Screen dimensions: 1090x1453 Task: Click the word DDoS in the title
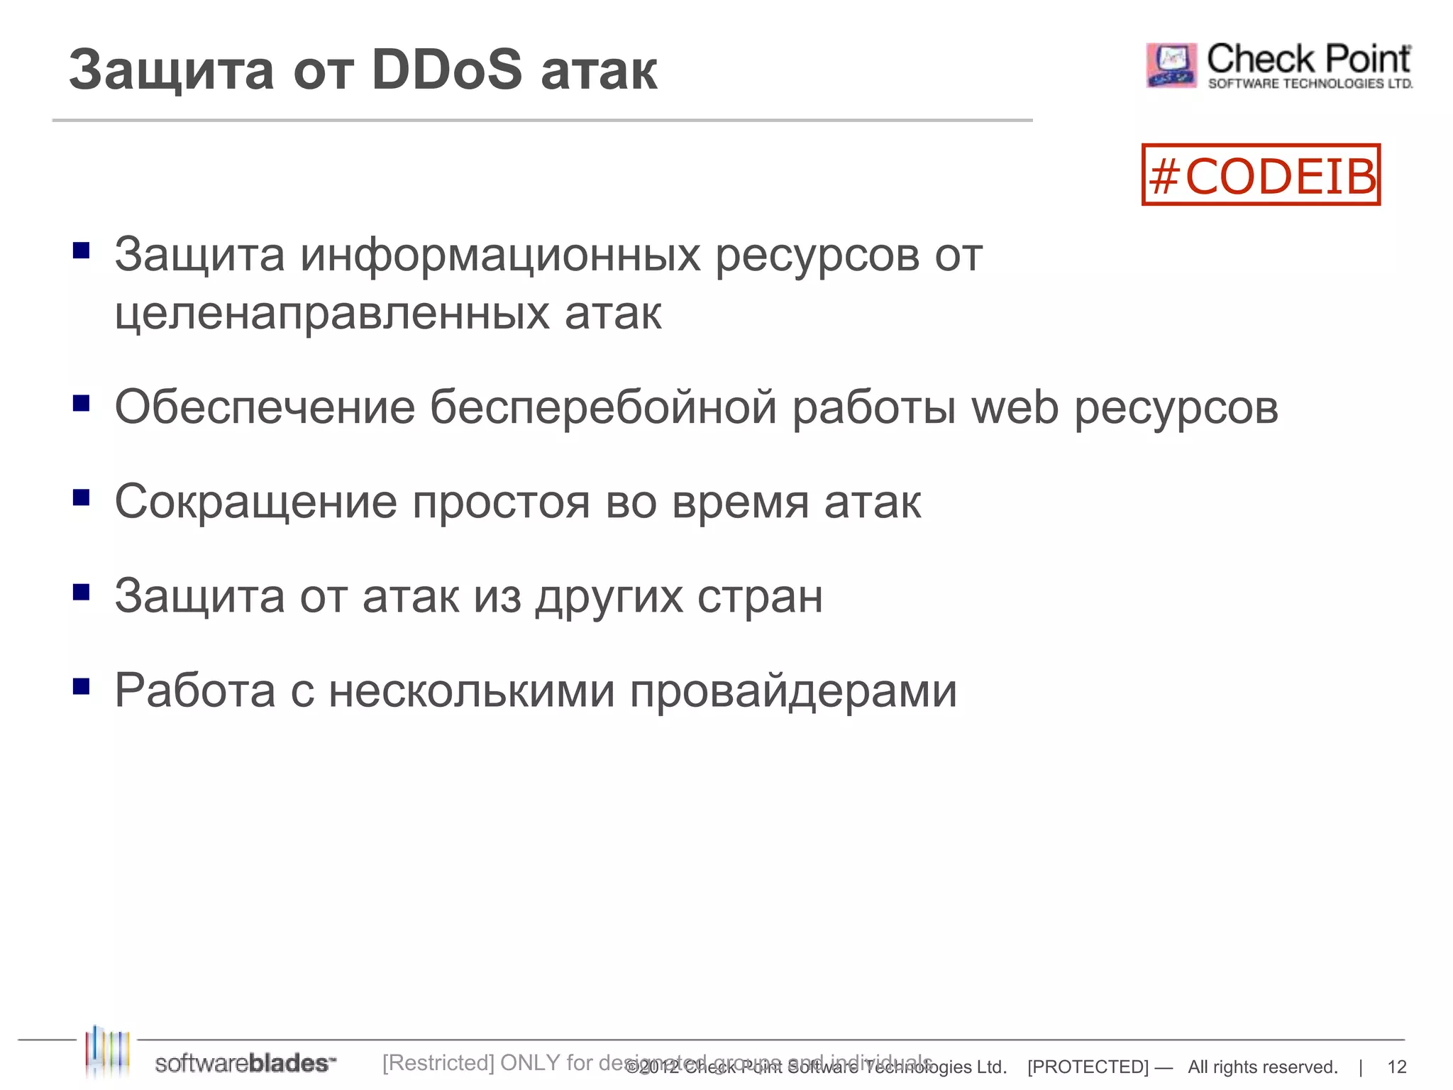(447, 70)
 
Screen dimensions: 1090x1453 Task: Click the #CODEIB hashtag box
(1261, 175)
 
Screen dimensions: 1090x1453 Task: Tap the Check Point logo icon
(1171, 65)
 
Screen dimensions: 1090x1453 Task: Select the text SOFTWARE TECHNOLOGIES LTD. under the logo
(1310, 84)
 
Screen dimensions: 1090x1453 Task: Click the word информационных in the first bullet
(499, 255)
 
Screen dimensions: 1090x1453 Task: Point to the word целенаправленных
(332, 313)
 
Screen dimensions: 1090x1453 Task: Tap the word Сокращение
(256, 502)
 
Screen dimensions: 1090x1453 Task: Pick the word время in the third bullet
(740, 502)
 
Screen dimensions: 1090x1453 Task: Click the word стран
(760, 596)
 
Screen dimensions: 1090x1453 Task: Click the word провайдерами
(793, 691)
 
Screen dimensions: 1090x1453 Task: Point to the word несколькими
(472, 691)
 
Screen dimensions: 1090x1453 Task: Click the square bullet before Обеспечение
(82, 403)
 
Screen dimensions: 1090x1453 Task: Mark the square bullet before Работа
(82, 686)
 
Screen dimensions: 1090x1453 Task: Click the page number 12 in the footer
(1396, 1067)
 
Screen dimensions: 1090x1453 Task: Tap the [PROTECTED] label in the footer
(1087, 1067)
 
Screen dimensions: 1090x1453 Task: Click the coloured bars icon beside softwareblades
(107, 1050)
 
